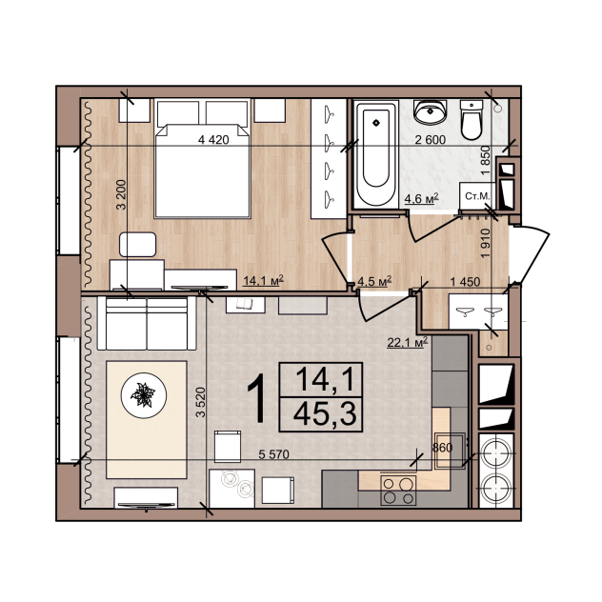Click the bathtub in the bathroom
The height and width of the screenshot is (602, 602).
(x=375, y=154)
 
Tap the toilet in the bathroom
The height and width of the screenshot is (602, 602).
(x=472, y=120)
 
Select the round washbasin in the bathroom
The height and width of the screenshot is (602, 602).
(x=430, y=111)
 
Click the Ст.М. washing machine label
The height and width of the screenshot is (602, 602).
(x=477, y=196)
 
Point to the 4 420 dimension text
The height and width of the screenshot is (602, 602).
(x=213, y=140)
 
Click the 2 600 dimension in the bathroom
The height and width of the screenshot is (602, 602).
(x=431, y=140)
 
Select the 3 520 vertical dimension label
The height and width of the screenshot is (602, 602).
(x=201, y=402)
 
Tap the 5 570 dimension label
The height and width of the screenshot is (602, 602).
(x=273, y=454)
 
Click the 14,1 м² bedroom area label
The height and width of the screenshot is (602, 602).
(x=263, y=280)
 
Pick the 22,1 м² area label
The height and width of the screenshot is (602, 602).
(x=408, y=342)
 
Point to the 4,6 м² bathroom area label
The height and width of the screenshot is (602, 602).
(x=422, y=198)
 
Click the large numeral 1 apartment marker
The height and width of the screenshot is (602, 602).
(x=256, y=398)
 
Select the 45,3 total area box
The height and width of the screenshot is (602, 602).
(x=321, y=414)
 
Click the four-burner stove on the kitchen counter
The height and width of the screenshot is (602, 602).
(x=398, y=491)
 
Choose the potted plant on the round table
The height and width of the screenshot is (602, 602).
(x=144, y=394)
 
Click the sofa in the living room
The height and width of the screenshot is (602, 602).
(x=147, y=323)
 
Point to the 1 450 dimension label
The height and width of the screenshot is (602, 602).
(x=465, y=282)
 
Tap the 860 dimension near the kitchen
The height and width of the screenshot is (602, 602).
(x=442, y=448)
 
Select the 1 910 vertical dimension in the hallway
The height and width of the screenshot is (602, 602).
(x=486, y=244)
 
